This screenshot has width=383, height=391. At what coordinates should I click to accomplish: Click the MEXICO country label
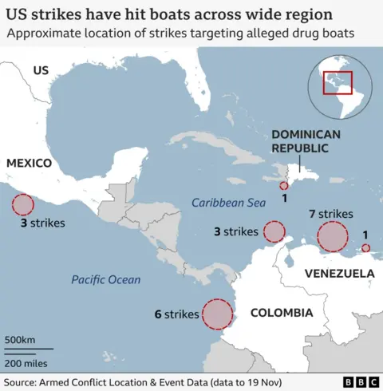pyautogui.click(x=30, y=163)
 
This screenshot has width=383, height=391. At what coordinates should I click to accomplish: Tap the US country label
pyautogui.click(x=41, y=71)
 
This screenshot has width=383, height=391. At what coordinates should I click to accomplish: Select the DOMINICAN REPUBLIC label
pyautogui.click(x=306, y=141)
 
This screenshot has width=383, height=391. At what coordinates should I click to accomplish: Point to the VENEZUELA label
pyautogui.click(x=339, y=274)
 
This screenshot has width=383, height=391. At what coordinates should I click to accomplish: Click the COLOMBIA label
pyautogui.click(x=281, y=313)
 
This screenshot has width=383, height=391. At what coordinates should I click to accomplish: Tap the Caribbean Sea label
pyautogui.click(x=228, y=203)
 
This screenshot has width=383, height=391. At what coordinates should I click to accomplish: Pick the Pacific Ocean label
pyautogui.click(x=105, y=279)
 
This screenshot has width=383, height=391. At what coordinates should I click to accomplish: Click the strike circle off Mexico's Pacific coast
pyautogui.click(x=22, y=205)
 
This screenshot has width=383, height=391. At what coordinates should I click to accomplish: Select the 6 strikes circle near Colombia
pyautogui.click(x=217, y=314)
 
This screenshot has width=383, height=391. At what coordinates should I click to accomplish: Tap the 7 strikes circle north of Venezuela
pyautogui.click(x=332, y=237)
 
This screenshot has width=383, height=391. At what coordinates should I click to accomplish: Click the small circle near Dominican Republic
pyautogui.click(x=284, y=185)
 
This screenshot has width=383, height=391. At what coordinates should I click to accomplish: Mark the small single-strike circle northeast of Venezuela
pyautogui.click(x=365, y=249)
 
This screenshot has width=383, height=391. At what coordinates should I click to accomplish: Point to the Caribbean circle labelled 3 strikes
pyautogui.click(x=274, y=231)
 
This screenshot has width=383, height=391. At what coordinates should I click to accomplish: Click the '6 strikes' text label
pyautogui.click(x=176, y=314)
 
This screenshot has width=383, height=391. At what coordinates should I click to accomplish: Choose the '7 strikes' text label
pyautogui.click(x=330, y=214)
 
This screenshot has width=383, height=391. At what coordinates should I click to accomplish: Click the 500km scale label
pyautogui.click(x=20, y=341)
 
